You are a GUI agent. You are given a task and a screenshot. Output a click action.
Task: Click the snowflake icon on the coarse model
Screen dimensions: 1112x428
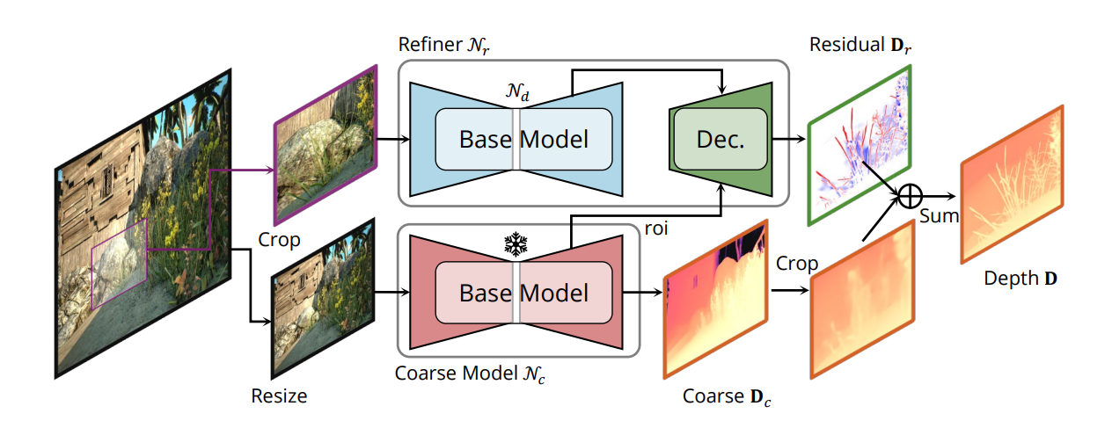pyautogui.click(x=516, y=243)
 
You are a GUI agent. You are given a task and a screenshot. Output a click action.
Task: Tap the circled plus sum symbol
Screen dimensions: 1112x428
pyautogui.click(x=910, y=196)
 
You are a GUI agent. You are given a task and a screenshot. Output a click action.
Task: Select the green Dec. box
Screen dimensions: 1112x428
pyautogui.click(x=721, y=140)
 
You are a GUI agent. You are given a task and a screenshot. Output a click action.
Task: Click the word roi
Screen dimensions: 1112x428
pyautogui.click(x=655, y=229)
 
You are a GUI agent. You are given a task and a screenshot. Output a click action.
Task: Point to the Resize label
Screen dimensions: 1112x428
pyautogui.click(x=279, y=395)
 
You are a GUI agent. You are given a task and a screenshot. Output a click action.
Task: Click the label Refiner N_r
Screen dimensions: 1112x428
pyautogui.click(x=443, y=45)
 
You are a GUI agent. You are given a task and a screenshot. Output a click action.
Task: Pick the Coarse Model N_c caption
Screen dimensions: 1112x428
pyautogui.click(x=470, y=374)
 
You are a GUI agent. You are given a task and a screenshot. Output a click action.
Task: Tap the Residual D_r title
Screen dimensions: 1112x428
pyautogui.click(x=860, y=45)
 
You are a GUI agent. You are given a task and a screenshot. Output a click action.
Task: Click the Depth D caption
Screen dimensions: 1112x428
pyautogui.click(x=1021, y=279)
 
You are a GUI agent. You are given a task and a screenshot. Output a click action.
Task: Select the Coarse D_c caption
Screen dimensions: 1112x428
pyautogui.click(x=727, y=396)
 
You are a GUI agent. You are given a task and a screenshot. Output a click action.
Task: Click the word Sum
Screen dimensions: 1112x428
pyautogui.click(x=939, y=216)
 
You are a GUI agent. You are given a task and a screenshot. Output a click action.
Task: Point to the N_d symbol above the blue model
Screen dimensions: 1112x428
pyautogui.click(x=517, y=91)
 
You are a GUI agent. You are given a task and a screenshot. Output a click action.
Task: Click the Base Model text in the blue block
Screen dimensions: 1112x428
pyautogui.click(x=523, y=140)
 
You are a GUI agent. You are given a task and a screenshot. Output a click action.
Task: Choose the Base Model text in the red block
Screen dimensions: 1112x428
pyautogui.click(x=523, y=293)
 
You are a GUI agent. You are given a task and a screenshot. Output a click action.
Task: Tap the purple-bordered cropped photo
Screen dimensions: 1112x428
pyautogui.click(x=326, y=145)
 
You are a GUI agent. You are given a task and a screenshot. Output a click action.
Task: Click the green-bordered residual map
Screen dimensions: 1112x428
pyautogui.click(x=860, y=145)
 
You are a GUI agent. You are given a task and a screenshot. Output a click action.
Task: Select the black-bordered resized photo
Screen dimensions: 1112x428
pyautogui.click(x=323, y=299)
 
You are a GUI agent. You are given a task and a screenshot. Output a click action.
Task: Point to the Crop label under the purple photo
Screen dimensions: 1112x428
pyautogui.click(x=279, y=240)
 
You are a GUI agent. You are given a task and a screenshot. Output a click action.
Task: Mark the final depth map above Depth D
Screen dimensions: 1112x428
pyautogui.click(x=1013, y=185)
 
